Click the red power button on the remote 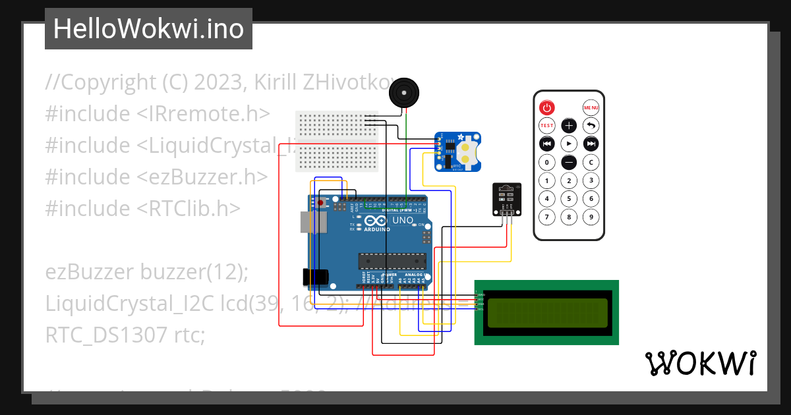point(547,107)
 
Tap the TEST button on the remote point(547,125)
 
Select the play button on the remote point(569,144)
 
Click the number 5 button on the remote point(569,198)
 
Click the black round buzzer point(404,93)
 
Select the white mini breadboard point(336,140)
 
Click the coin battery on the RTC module point(467,153)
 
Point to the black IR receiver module point(507,198)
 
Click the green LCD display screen point(546,313)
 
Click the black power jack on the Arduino point(310,278)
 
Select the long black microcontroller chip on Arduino point(392,261)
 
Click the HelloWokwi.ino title point(148,29)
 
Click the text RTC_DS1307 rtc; point(125,335)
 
